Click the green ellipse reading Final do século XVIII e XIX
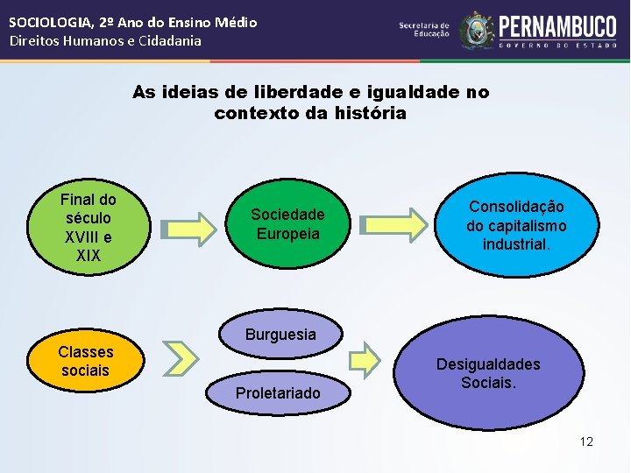pyautogui.click(x=88, y=227)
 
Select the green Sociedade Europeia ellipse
pyautogui.click(x=287, y=224)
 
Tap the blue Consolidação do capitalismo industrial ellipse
pyautogui.click(x=516, y=224)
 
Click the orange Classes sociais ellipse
pyautogui.click(x=86, y=361)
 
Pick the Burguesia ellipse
pyautogui.click(x=280, y=335)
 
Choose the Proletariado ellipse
pyautogui.click(x=277, y=392)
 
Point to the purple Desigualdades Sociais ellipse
pyautogui.click(x=488, y=373)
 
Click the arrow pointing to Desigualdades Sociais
pyautogui.click(x=365, y=358)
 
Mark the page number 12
pyautogui.click(x=586, y=441)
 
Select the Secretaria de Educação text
pyautogui.click(x=424, y=30)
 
